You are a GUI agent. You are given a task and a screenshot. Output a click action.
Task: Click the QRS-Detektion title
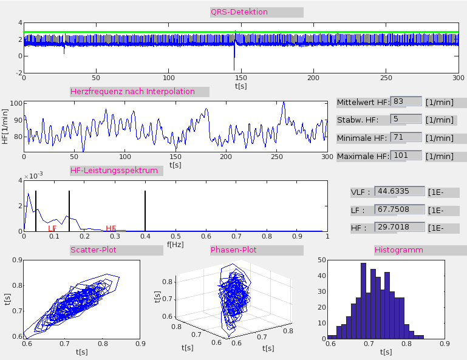click(x=239, y=12)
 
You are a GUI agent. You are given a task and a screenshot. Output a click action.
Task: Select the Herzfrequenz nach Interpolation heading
click(x=132, y=92)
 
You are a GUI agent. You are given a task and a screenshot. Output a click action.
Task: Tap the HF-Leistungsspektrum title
click(x=114, y=170)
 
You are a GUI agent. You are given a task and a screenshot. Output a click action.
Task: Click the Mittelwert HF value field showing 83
click(x=406, y=102)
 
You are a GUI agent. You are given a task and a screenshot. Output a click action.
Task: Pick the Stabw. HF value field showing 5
click(x=406, y=119)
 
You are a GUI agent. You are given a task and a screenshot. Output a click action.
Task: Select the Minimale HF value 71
click(x=406, y=137)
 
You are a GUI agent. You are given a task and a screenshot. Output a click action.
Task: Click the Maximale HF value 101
click(x=406, y=155)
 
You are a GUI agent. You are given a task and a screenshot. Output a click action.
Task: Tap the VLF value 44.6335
click(x=400, y=192)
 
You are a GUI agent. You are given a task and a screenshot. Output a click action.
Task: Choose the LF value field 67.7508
click(x=400, y=210)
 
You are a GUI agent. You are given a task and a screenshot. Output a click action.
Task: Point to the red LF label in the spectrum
click(x=52, y=228)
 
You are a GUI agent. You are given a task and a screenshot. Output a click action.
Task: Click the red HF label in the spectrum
click(x=111, y=228)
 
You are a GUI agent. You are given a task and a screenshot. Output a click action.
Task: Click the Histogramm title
click(x=399, y=250)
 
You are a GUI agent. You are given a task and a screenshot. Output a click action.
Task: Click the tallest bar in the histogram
click(x=363, y=301)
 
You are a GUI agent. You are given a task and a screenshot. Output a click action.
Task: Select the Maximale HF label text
click(x=362, y=156)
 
